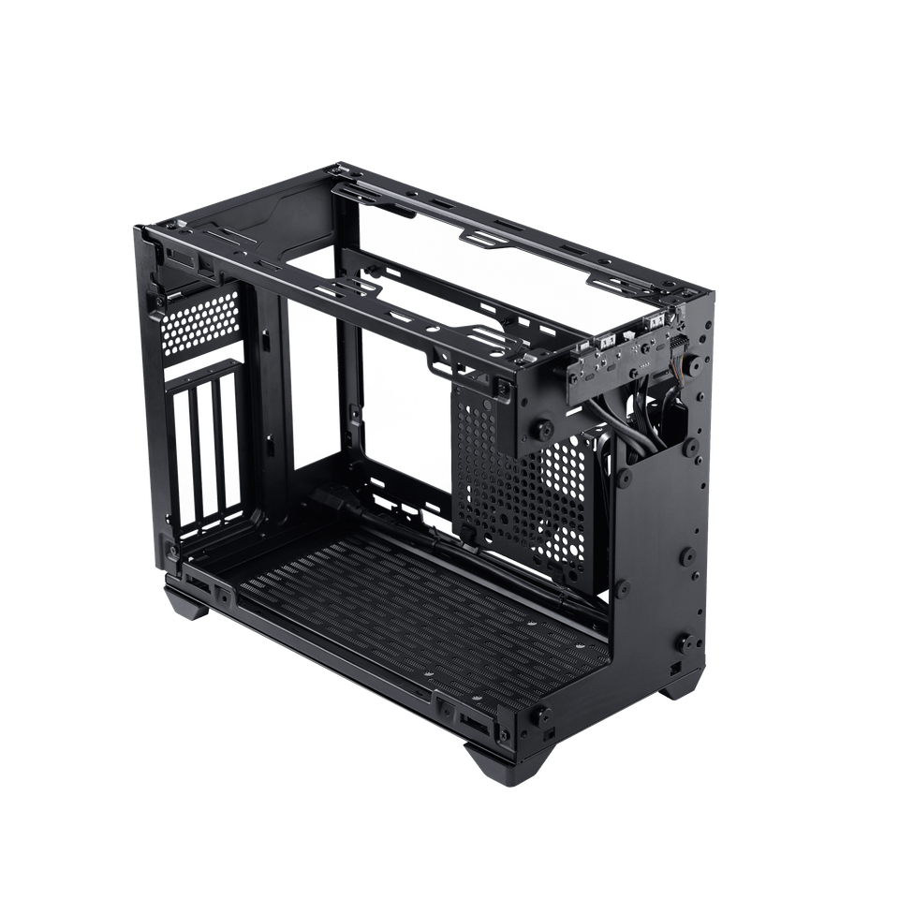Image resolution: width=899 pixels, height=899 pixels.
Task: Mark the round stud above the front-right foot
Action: pyautogui.click(x=540, y=714)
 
